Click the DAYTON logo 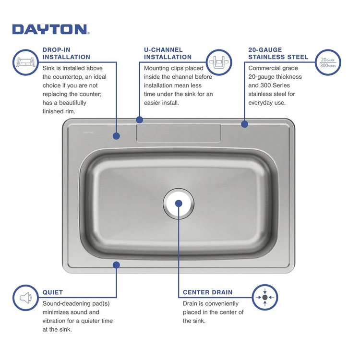point(50,29)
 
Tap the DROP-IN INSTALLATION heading point(66,53)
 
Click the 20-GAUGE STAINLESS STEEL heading point(278,53)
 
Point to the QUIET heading point(53,292)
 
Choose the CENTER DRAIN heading point(207,292)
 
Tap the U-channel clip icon point(219,63)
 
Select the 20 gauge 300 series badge point(328,62)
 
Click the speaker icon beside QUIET point(25,298)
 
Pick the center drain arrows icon point(264,298)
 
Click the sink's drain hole point(179,203)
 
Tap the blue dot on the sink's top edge point(139,119)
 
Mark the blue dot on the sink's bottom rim point(116,264)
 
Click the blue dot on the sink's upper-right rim point(244,124)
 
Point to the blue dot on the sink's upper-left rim point(116,136)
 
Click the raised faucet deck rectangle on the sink point(179,133)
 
